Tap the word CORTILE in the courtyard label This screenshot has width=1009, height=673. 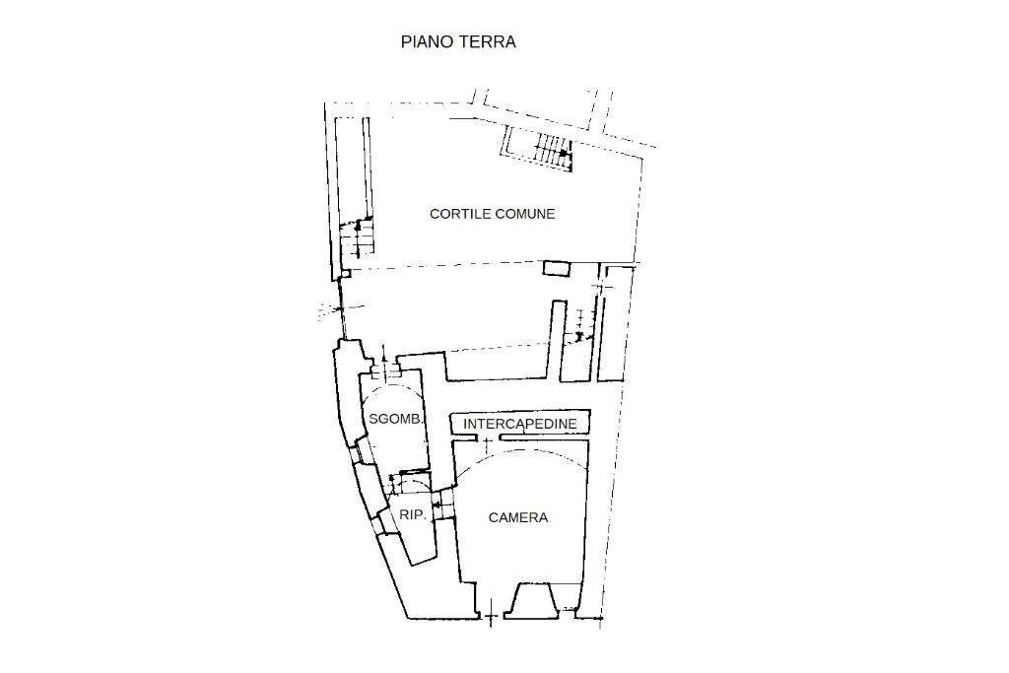coord(460,214)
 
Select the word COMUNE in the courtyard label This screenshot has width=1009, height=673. coord(524,214)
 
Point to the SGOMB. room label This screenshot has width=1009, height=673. coord(395,419)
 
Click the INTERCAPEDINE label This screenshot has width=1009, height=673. coord(519,425)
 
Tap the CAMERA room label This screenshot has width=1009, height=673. coord(518,517)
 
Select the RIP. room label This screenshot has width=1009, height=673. coord(412,514)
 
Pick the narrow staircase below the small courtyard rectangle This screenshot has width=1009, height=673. coord(582,325)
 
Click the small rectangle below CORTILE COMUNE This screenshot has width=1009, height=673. coord(557,268)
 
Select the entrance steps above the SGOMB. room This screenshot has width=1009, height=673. coord(386,369)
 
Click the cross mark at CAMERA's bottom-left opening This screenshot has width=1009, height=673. coord(490,619)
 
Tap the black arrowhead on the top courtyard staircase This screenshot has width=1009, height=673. coord(563,154)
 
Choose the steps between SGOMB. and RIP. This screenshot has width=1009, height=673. coord(406,483)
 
